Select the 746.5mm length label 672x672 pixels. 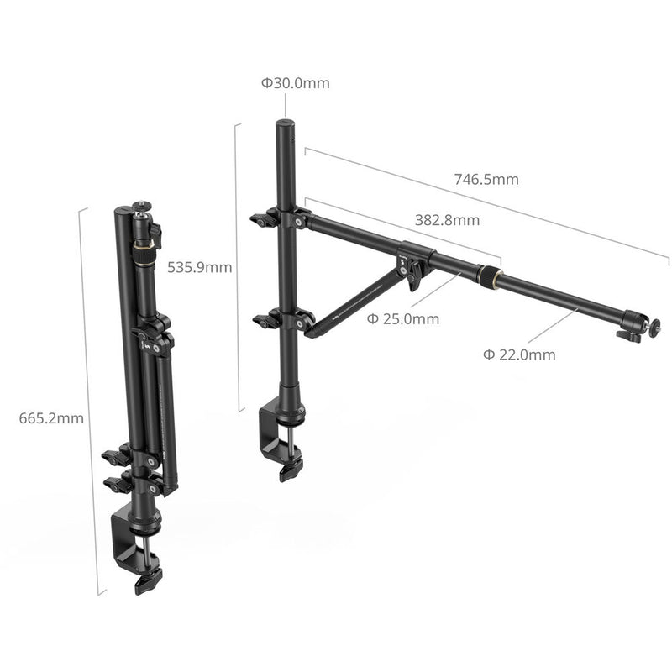(x=486, y=179)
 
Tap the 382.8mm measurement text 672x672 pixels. (x=447, y=220)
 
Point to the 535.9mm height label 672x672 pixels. (x=199, y=268)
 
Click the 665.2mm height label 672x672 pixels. (x=51, y=418)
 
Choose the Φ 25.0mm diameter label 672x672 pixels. (x=403, y=319)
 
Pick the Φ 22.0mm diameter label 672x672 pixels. (x=518, y=354)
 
